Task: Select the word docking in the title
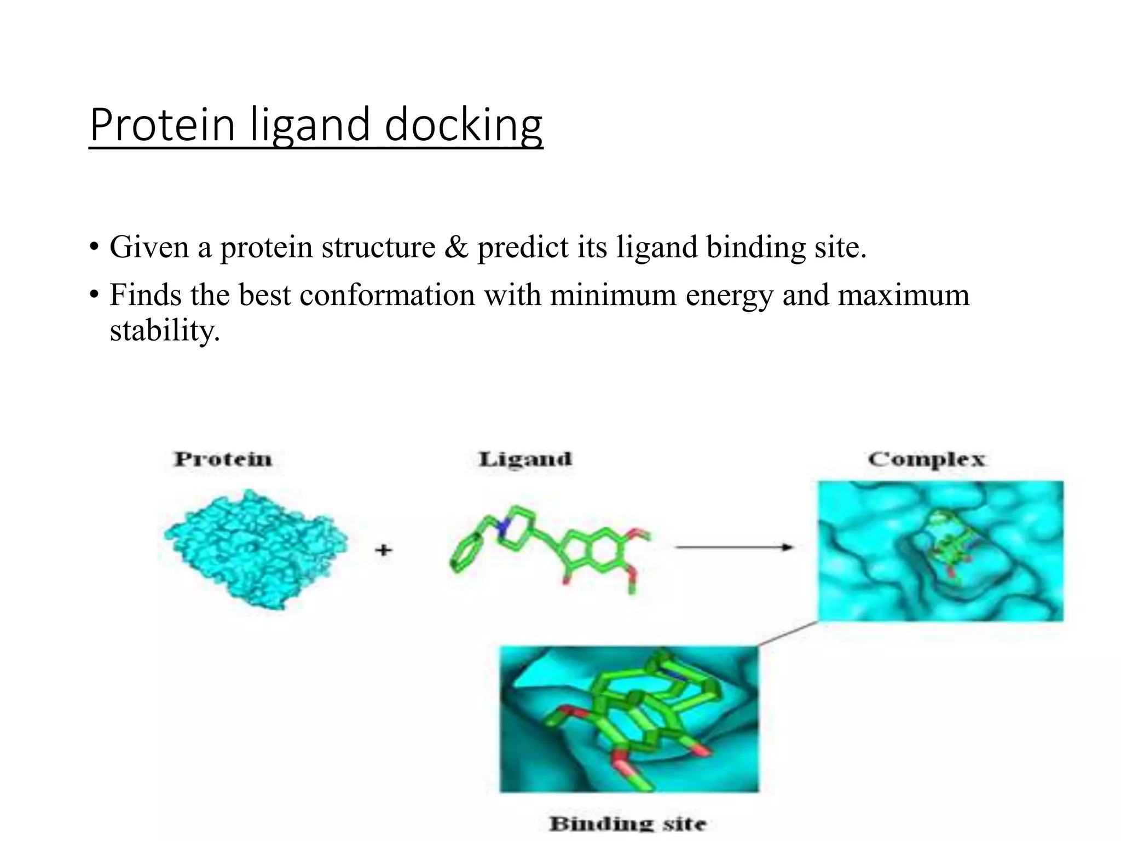pyautogui.click(x=463, y=126)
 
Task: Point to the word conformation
pyautogui.click(x=387, y=295)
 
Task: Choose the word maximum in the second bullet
pyautogui.click(x=903, y=295)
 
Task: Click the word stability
pyautogui.click(x=164, y=331)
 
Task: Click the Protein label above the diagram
pyautogui.click(x=223, y=459)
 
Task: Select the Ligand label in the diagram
pyautogui.click(x=525, y=459)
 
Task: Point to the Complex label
pyautogui.click(x=926, y=459)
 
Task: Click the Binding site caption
pyautogui.click(x=627, y=823)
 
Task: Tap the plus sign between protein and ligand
pyautogui.click(x=384, y=549)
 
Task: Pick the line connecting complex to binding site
pyautogui.click(x=788, y=633)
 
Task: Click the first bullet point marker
pyautogui.click(x=94, y=246)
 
